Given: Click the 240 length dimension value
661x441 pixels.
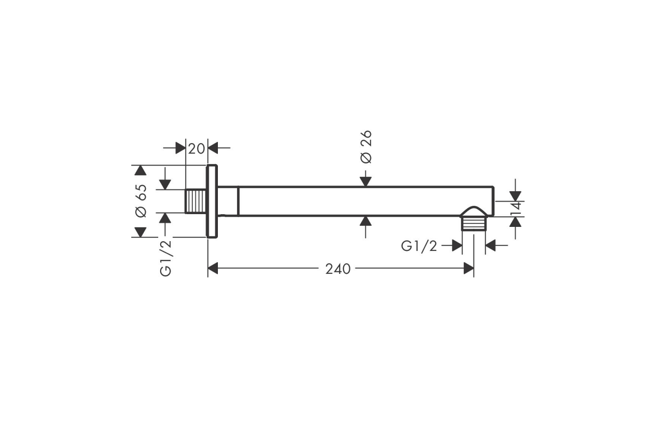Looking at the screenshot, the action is click(x=337, y=269).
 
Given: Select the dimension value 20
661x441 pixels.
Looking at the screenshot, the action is click(x=196, y=148).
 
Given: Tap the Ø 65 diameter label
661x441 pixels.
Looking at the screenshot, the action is click(x=141, y=201).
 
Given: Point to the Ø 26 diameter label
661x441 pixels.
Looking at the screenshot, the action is click(x=366, y=147).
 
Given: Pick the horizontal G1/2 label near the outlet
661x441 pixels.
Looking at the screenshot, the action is click(x=419, y=246).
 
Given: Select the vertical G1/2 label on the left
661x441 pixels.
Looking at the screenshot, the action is click(x=165, y=258).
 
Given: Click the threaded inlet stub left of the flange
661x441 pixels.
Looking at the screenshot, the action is click(x=196, y=201).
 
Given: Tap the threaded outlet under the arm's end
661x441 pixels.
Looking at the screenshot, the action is click(x=473, y=223).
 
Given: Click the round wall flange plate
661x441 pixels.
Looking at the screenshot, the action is click(x=212, y=201).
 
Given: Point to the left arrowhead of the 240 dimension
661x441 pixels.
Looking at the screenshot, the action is click(x=213, y=268).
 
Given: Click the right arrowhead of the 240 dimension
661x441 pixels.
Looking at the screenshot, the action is click(x=469, y=268).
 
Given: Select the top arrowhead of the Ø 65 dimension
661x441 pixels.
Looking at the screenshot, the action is click(x=140, y=171).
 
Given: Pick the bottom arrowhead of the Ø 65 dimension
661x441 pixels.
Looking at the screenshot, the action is click(x=140, y=232).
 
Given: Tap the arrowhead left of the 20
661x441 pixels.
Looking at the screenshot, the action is click(x=181, y=147).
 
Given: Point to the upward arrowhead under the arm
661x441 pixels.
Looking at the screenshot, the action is click(x=366, y=221).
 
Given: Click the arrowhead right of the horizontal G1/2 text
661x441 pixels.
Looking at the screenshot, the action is click(x=491, y=245).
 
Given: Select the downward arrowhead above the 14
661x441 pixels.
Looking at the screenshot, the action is click(x=515, y=196).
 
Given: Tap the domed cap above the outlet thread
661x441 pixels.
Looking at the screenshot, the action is click(x=474, y=212).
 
